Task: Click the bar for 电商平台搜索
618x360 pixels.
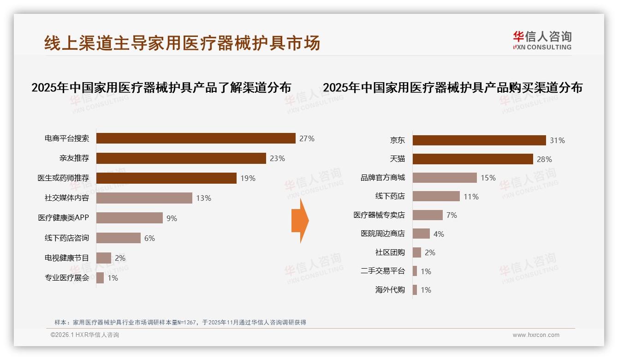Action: click(x=196, y=138)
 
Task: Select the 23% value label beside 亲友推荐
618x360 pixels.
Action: click(x=277, y=158)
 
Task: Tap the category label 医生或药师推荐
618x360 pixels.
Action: click(x=63, y=178)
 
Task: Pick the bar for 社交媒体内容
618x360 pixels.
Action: click(x=144, y=198)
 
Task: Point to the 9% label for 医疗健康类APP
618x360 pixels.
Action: click(x=172, y=218)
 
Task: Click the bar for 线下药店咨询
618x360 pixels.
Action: click(x=118, y=238)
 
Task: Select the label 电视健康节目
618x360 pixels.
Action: click(x=66, y=258)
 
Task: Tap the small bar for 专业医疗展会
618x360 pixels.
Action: click(x=100, y=278)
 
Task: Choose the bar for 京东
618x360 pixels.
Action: click(x=479, y=140)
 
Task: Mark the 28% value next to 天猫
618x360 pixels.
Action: click(x=544, y=159)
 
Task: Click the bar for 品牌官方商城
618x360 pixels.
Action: click(x=445, y=178)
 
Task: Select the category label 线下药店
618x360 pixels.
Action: click(x=390, y=196)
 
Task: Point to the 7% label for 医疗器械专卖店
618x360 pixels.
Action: click(x=452, y=215)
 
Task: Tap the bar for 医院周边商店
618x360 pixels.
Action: click(x=421, y=234)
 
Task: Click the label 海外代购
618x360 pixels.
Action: click(x=390, y=290)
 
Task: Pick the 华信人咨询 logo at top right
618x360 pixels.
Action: click(x=542, y=40)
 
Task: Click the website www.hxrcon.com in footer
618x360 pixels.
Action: click(x=535, y=335)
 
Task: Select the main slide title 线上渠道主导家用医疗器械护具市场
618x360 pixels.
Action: click(x=182, y=43)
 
